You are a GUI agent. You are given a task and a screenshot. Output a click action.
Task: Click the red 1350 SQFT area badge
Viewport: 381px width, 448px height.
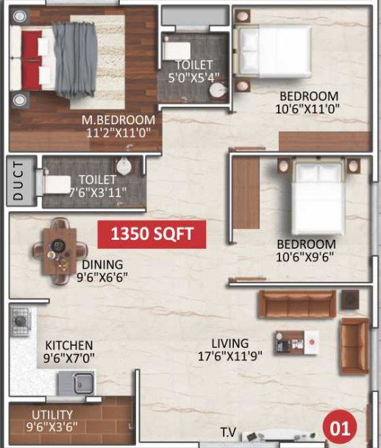[x=152, y=235]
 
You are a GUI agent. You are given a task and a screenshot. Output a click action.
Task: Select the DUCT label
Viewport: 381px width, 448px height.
[x=20, y=181]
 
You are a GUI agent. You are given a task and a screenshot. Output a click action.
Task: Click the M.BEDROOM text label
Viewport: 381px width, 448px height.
[x=119, y=120]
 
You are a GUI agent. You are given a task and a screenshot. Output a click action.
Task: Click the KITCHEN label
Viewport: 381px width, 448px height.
[x=69, y=345]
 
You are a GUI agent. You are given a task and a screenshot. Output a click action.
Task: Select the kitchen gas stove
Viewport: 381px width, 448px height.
[x=20, y=320]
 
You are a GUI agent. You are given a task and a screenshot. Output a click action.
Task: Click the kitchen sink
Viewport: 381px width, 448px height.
[x=76, y=382]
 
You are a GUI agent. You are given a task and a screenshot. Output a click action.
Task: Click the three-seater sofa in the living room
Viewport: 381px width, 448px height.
[x=297, y=302]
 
